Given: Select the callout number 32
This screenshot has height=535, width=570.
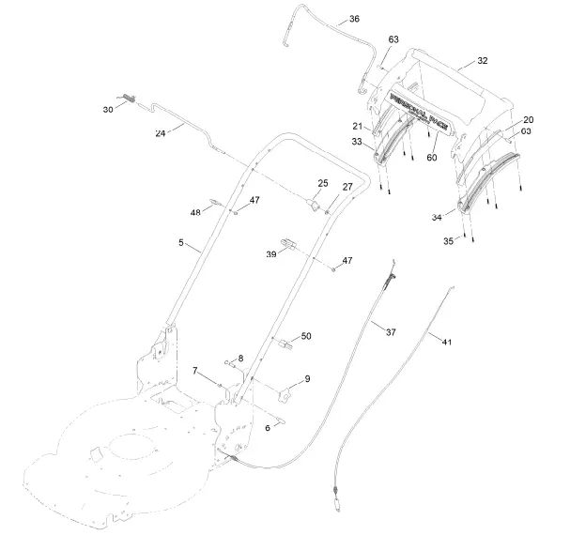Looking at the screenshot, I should [x=482, y=61].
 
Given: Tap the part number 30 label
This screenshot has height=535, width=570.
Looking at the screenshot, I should [x=107, y=110].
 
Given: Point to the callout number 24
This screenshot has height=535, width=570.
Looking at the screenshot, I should [x=161, y=134].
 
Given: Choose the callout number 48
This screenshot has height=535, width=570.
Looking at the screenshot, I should [x=195, y=213].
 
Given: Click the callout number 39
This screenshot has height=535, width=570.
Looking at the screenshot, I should [x=270, y=253].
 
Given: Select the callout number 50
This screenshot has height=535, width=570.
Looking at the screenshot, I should [x=305, y=336].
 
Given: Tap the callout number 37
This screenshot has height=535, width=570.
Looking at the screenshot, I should [x=391, y=330].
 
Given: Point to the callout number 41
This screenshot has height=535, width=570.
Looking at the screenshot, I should [x=446, y=343].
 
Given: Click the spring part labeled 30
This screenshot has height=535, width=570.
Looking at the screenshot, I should [x=130, y=101].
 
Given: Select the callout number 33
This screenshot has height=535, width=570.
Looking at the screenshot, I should [x=357, y=142].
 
